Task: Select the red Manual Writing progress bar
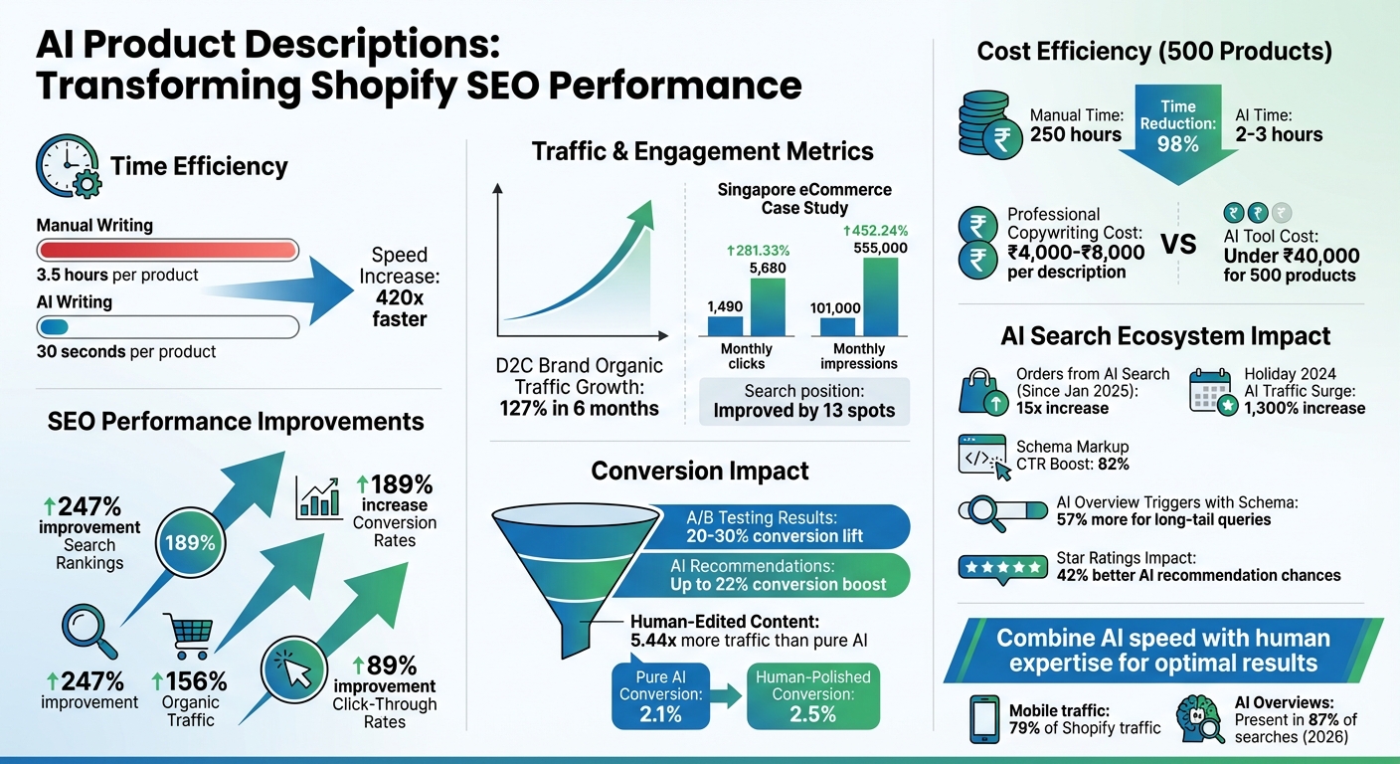[167, 250]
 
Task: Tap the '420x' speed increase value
[400, 295]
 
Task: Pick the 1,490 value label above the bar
[725, 306]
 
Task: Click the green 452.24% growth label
[875, 231]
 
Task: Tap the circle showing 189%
[190, 543]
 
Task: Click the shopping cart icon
[188, 636]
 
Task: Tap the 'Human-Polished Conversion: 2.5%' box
[812, 695]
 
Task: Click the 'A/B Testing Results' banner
[776, 526]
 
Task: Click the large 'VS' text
[1180, 243]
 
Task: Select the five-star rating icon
[1001, 566]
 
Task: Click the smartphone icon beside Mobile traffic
[982, 718]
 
